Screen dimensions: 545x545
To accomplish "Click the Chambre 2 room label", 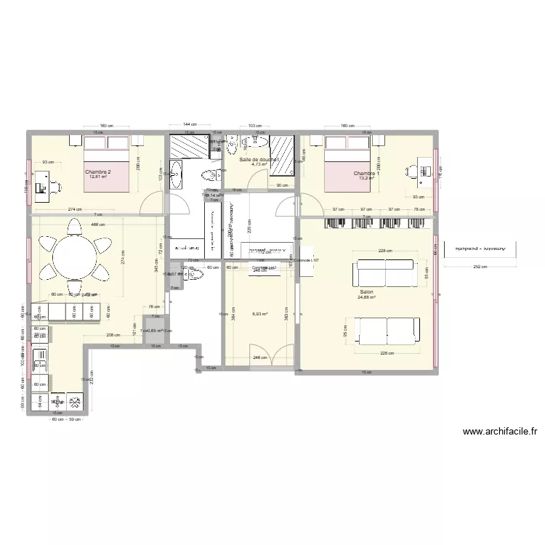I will [x=99, y=171].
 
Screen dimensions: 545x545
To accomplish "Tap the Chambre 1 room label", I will [x=366, y=173].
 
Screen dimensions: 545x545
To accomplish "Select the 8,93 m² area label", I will [x=259, y=314].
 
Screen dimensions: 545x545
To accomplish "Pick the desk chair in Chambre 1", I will [x=411, y=171].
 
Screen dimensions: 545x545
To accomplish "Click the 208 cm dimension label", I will [x=113, y=336].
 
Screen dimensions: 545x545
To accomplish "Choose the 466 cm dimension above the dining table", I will [x=96, y=225].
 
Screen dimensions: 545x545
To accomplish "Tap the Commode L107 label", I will [x=306, y=259].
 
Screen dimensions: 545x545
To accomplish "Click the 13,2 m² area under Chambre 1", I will [x=366, y=179].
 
